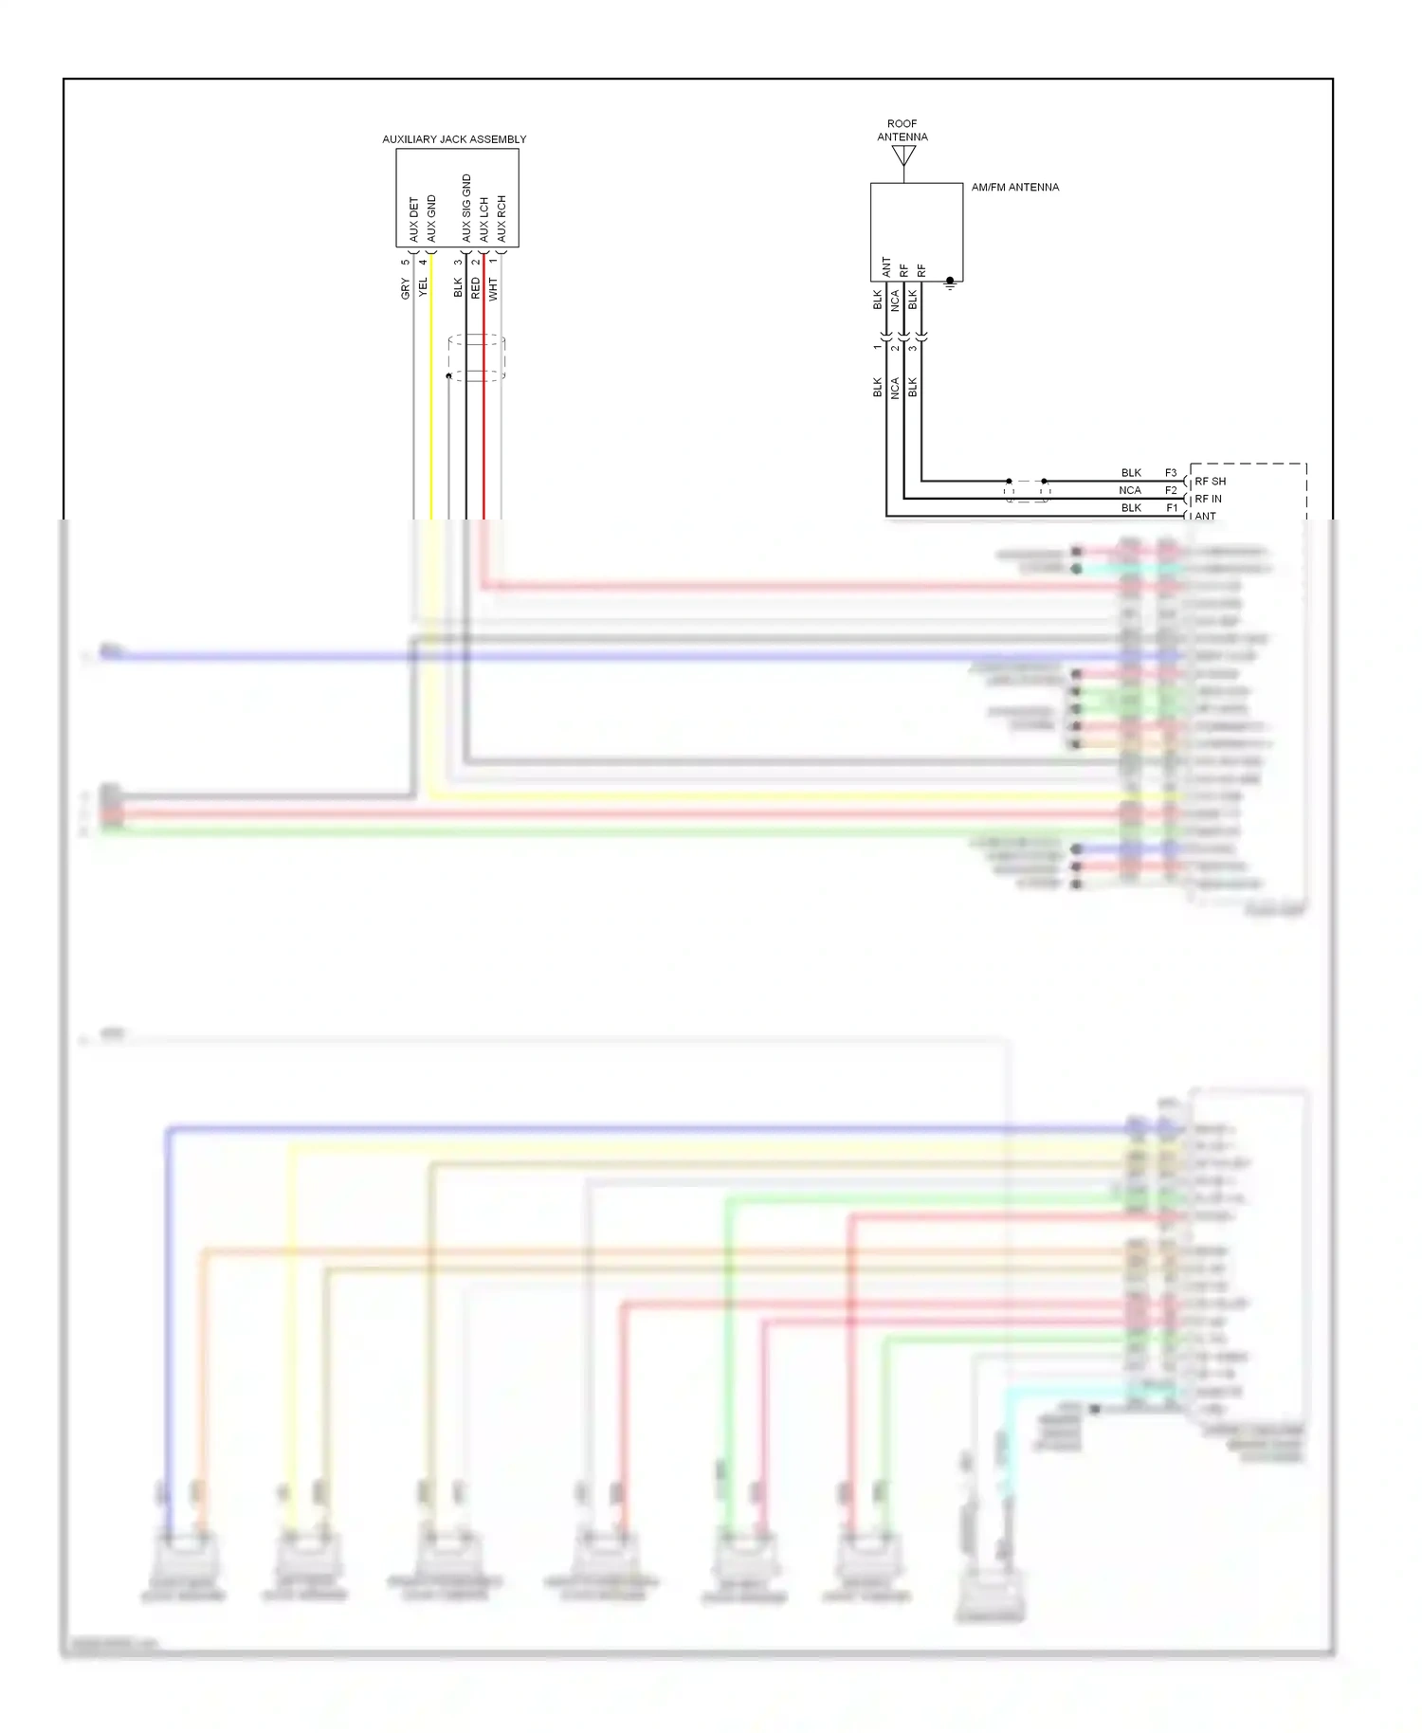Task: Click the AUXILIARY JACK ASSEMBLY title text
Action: (x=454, y=139)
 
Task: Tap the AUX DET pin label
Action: (x=413, y=219)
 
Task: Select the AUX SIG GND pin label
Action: (x=465, y=208)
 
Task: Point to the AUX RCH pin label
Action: (x=501, y=218)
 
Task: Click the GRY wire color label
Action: (x=406, y=288)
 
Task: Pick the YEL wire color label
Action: (x=424, y=286)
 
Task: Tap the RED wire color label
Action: (x=476, y=288)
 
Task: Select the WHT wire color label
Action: (x=493, y=288)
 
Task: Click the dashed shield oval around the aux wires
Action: (x=476, y=357)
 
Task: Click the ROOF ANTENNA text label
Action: (x=902, y=130)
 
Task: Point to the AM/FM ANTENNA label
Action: (x=1014, y=188)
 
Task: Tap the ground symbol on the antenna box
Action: (x=950, y=283)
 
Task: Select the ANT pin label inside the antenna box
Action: (x=886, y=266)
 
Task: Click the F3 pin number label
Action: (x=1171, y=473)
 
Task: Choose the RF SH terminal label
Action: (x=1210, y=482)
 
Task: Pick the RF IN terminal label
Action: (x=1208, y=499)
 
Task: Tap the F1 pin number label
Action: (x=1172, y=508)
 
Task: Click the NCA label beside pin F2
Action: (x=1129, y=490)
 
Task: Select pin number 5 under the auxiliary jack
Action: (x=406, y=263)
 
